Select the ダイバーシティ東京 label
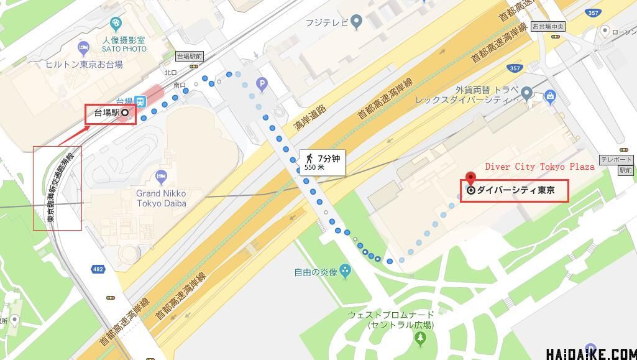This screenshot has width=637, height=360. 515,190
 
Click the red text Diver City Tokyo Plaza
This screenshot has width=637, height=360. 539,167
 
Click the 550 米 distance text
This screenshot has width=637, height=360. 314,167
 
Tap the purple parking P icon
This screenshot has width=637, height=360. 262,84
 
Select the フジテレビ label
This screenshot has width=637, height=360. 326,23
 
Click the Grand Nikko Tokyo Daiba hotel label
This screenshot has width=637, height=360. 161,198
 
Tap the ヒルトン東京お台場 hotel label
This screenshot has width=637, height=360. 84,64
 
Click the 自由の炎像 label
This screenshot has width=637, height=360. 316,272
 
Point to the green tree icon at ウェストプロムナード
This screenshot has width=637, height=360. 421,338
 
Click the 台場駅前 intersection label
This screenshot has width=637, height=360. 190,56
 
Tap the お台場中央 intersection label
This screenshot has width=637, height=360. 548,27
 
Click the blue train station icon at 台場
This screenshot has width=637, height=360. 141,101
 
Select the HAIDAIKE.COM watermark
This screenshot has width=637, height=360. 590,353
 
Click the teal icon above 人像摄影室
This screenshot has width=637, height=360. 116,24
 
